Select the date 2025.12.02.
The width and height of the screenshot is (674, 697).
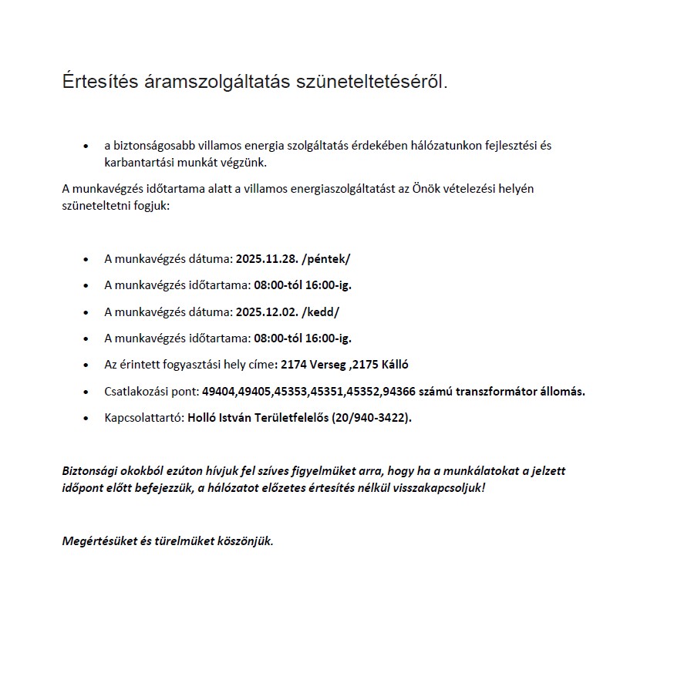[266, 311]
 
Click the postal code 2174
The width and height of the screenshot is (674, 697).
[294, 365]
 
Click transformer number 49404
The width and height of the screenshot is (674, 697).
[217, 392]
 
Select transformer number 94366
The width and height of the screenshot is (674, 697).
[398, 392]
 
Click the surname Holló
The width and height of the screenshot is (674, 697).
[202, 418]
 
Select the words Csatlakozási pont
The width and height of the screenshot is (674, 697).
[151, 392]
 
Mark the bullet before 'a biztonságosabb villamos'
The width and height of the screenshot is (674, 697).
[86, 146]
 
